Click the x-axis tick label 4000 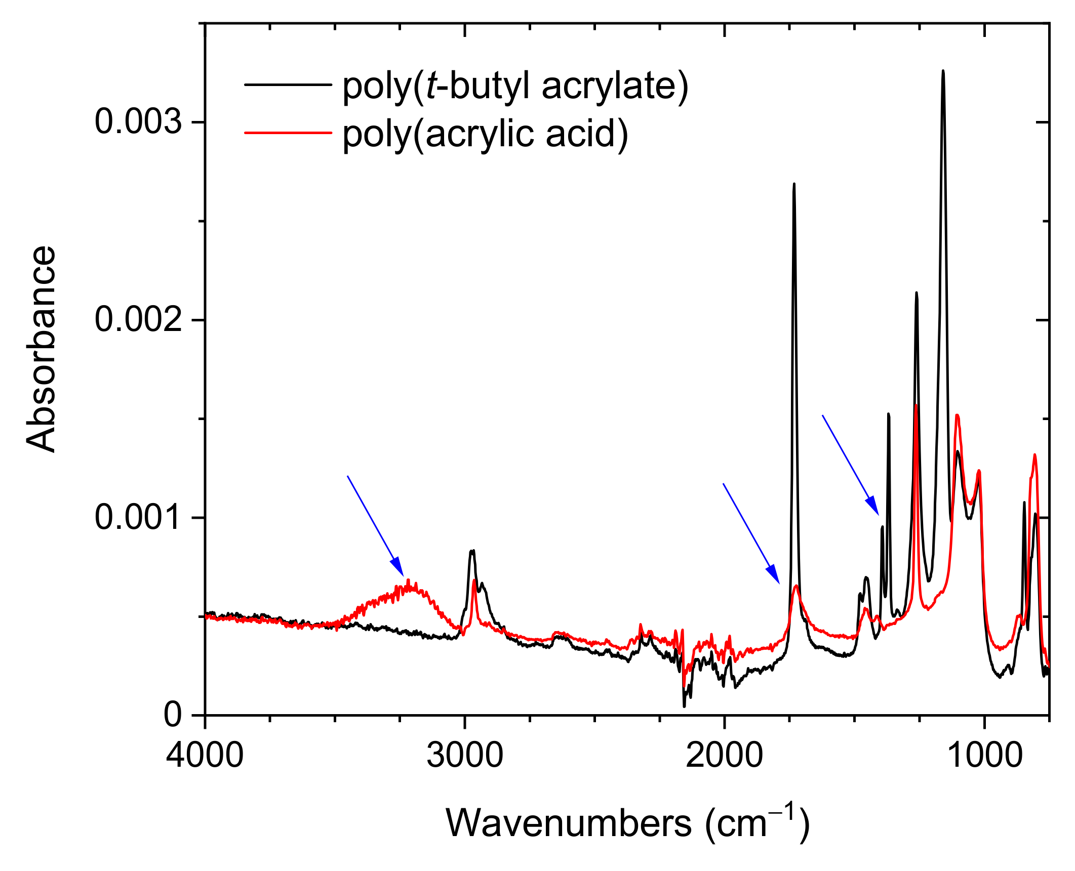(x=205, y=756)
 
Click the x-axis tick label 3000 (x=464, y=756)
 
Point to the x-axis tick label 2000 (x=724, y=756)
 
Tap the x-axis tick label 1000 (x=984, y=756)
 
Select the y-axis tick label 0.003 (x=138, y=122)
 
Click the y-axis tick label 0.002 (x=138, y=320)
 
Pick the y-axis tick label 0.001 (x=138, y=518)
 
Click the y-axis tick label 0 (x=173, y=715)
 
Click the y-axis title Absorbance (x=41, y=349)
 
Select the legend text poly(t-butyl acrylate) (x=515, y=86)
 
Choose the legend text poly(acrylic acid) (x=485, y=134)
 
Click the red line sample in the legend (x=288, y=133)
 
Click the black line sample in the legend (x=288, y=85)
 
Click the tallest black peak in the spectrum (x=943, y=72)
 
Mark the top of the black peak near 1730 (x=794, y=185)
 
